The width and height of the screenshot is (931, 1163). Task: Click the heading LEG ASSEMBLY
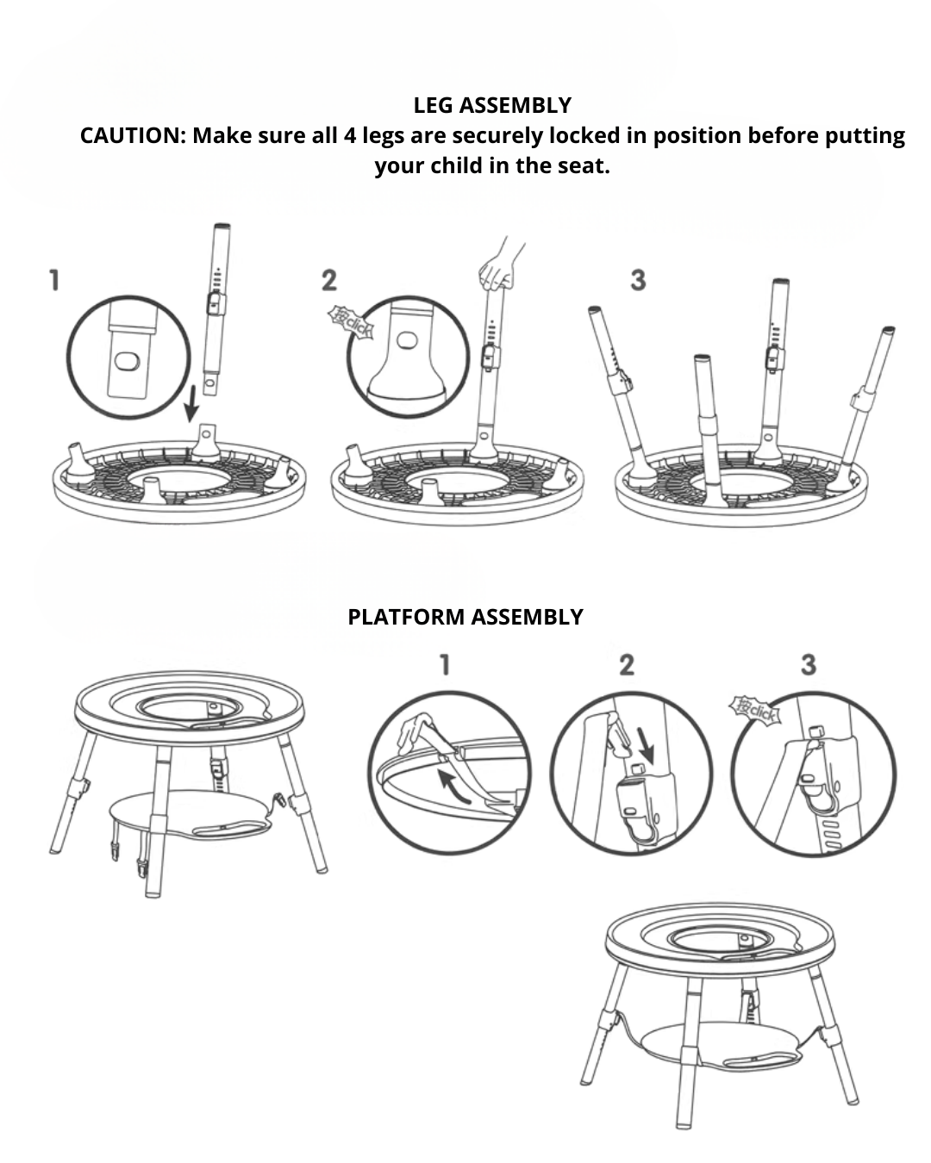pyautogui.click(x=492, y=105)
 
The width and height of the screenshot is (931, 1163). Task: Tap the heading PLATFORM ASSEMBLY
pyautogui.click(x=465, y=617)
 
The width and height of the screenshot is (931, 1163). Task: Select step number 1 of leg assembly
pyautogui.click(x=54, y=280)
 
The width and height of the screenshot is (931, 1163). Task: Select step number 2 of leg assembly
pyautogui.click(x=329, y=280)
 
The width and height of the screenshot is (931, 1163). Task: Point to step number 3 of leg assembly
pyautogui.click(x=638, y=280)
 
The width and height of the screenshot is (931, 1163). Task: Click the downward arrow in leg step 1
pyautogui.click(x=191, y=401)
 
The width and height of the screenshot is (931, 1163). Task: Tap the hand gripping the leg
pyautogui.click(x=497, y=269)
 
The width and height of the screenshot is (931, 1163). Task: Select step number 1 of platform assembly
pyautogui.click(x=445, y=664)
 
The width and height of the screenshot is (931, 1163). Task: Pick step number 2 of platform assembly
pyautogui.click(x=627, y=664)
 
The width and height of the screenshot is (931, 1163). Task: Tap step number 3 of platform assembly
pyautogui.click(x=808, y=664)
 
